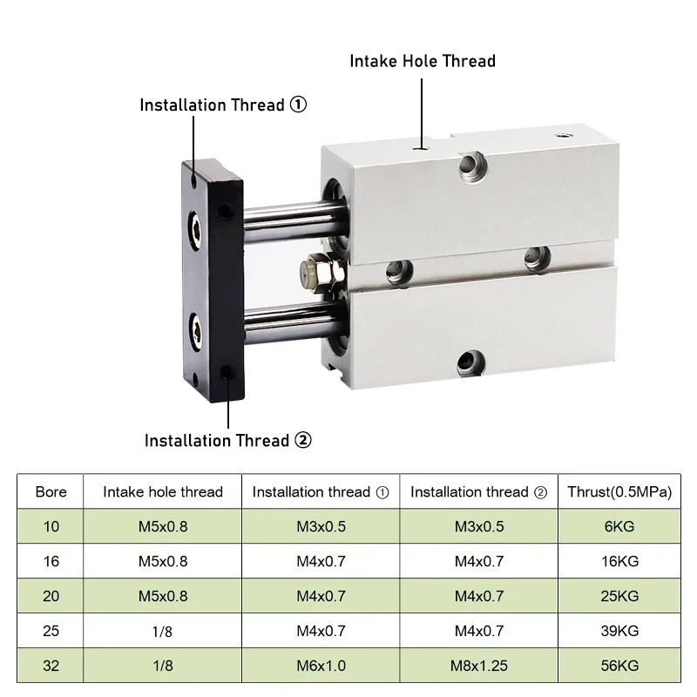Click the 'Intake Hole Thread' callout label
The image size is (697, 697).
(423, 61)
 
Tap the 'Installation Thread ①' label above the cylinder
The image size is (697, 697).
(223, 105)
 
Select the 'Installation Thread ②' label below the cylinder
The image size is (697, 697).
(228, 441)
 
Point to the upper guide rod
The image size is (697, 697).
(294, 221)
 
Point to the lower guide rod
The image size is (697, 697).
(294, 323)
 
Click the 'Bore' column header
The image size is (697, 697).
(51, 491)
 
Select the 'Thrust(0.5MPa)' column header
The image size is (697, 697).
(619, 491)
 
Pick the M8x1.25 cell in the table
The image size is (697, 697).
(478, 666)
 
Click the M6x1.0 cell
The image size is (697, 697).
(321, 666)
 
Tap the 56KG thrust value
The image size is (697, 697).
(619, 666)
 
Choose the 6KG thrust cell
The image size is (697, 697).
(619, 526)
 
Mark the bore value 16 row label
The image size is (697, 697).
(51, 561)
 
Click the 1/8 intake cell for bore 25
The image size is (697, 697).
(163, 631)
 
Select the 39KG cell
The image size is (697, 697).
(619, 631)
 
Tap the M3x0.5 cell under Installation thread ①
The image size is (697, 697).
(321, 526)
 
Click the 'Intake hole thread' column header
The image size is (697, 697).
(163, 491)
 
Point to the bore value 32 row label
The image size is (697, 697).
(51, 666)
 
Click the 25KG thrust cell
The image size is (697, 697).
(619, 596)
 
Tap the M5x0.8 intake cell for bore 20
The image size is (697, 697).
(163, 596)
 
